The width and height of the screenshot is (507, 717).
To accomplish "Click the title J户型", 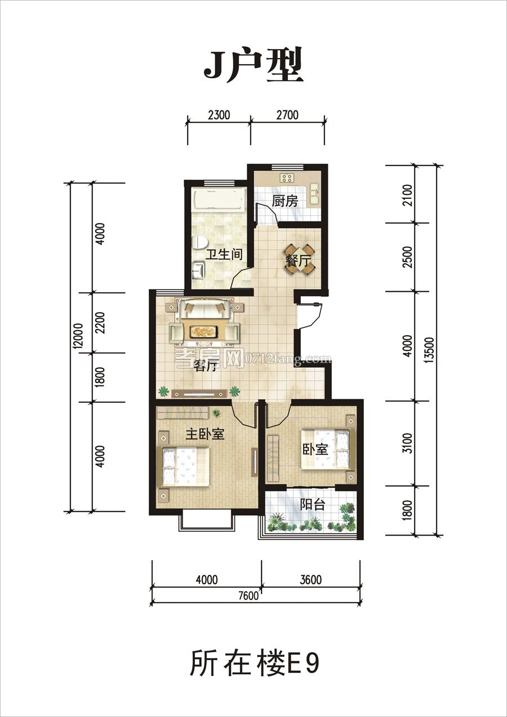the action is click(x=253, y=66).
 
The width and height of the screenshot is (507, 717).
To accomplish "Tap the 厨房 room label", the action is click(x=284, y=201).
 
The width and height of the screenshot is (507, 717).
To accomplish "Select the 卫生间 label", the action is click(x=224, y=255).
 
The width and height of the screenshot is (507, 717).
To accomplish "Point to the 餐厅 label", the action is click(x=298, y=261).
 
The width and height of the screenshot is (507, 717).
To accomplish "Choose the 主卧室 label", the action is click(x=205, y=434).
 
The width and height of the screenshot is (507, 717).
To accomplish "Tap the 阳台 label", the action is click(x=313, y=505).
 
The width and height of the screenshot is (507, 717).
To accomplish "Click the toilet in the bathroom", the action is click(x=199, y=242).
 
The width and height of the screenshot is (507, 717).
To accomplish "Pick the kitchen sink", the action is click(x=313, y=194).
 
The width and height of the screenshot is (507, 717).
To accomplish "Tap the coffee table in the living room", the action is click(x=204, y=331).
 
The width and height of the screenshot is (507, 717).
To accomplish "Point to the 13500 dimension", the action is click(x=430, y=350).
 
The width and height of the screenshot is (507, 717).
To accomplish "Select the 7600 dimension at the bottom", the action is click(x=248, y=596).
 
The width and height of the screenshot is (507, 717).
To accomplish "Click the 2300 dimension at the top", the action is click(x=219, y=115).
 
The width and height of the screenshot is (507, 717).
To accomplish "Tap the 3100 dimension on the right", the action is click(x=408, y=443).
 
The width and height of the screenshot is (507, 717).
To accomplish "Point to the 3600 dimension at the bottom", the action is click(x=311, y=580).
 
